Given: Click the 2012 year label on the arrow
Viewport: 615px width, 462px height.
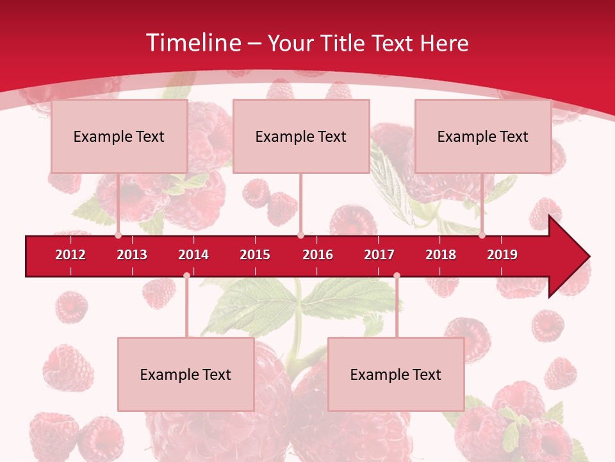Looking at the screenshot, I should point(70,255).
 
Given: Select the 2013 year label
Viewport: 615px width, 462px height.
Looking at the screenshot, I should point(132,255).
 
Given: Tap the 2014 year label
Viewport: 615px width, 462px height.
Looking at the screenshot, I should point(193,255).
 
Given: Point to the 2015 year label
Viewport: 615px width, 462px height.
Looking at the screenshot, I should point(255,255).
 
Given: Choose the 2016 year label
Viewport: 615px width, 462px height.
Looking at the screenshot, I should point(318,255).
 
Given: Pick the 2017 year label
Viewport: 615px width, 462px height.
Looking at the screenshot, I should point(379,255).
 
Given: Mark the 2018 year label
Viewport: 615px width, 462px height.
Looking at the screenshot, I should point(441,255).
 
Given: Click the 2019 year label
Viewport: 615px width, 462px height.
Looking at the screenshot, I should point(502,255).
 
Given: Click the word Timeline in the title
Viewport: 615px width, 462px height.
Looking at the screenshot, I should point(193,43).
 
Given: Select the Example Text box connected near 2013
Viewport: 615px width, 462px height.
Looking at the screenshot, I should point(119,136).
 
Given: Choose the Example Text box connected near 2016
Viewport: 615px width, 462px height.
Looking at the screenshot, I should point(301,136).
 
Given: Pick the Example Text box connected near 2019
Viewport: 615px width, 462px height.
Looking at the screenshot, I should point(483,136).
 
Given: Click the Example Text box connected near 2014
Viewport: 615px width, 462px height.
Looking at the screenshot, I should point(186,374).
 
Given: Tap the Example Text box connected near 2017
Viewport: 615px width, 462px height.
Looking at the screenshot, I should point(396,374).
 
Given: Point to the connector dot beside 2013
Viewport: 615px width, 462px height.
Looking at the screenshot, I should point(118,235).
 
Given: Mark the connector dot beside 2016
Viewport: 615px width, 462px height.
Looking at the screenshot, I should point(300,235).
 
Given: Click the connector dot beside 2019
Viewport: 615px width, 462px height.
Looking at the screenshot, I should point(482,235).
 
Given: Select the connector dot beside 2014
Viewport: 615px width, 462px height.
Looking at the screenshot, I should point(186,275).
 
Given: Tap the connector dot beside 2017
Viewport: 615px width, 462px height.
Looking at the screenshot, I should point(397,275).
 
